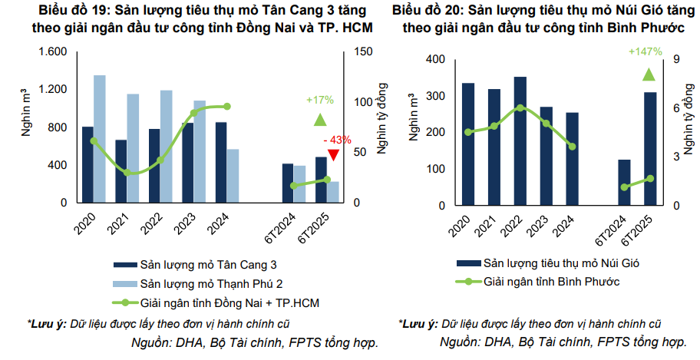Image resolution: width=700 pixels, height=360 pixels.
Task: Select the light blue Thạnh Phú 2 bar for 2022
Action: (x=166, y=146)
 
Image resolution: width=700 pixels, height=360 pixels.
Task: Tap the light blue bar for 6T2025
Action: (x=333, y=192)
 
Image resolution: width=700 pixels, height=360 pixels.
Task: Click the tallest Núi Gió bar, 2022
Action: (x=520, y=141)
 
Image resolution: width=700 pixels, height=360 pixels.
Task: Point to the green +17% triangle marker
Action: (x=320, y=119)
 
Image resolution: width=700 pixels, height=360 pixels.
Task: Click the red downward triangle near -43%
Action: (x=333, y=156)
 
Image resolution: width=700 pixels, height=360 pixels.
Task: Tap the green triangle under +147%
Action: (x=649, y=74)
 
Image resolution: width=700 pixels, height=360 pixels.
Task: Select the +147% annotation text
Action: (x=645, y=51)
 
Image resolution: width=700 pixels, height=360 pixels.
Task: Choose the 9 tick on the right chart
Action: (x=676, y=60)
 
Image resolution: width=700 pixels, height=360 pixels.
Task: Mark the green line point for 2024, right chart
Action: (x=572, y=147)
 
